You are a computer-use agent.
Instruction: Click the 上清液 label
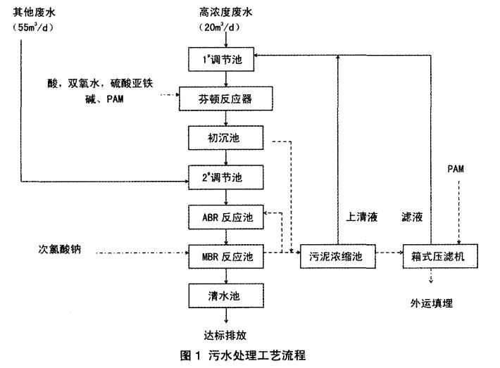click(363, 218)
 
